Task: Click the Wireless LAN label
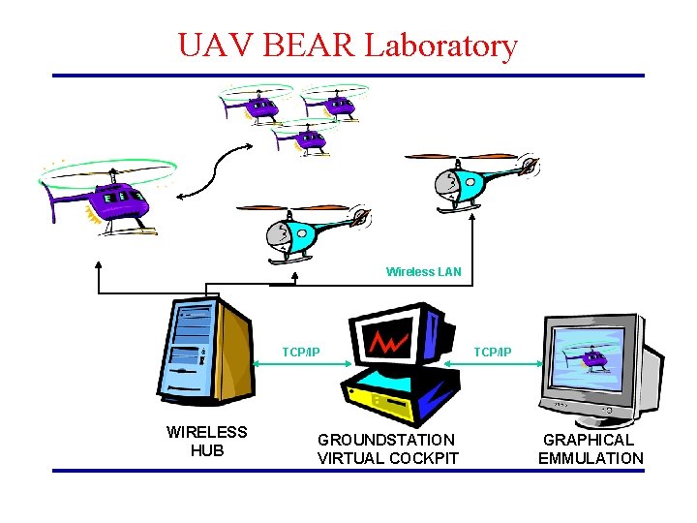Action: [424, 272]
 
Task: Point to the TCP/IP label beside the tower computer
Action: [301, 352]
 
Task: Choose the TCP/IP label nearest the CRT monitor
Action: [493, 352]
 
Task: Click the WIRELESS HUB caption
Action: [207, 441]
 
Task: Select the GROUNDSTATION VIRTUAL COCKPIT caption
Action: [388, 449]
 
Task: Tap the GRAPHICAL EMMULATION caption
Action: [591, 449]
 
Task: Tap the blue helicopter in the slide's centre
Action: [305, 232]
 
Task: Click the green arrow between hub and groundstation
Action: [301, 366]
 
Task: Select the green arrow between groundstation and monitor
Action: [493, 366]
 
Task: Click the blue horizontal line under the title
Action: [348, 76]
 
